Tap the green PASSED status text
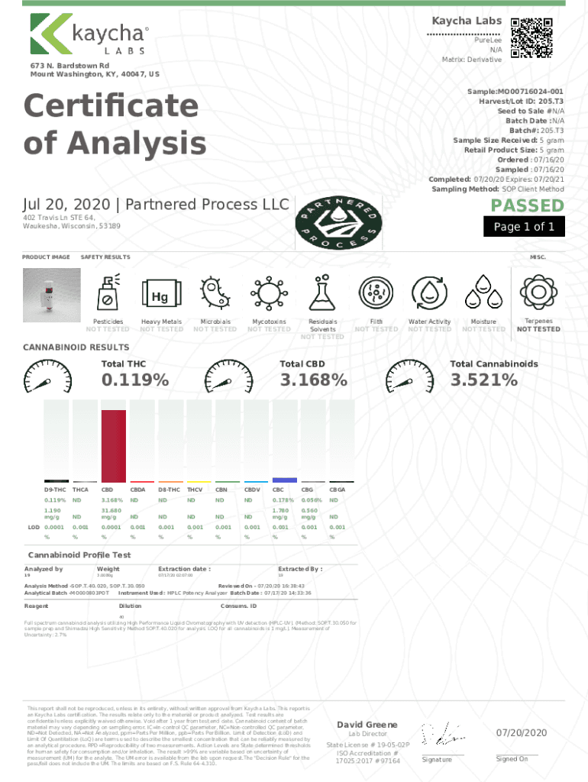pyautogui.click(x=527, y=206)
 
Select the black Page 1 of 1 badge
pyautogui.click(x=524, y=227)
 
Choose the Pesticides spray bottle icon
pyautogui.click(x=108, y=295)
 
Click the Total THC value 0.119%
pyautogui.click(x=135, y=380)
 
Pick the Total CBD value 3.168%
pyautogui.click(x=313, y=380)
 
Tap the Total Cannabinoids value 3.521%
pyautogui.click(x=483, y=380)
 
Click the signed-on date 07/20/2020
pyautogui.click(x=522, y=733)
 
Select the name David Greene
pyautogui.click(x=367, y=724)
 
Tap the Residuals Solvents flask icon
pyautogui.click(x=322, y=295)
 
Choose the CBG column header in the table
pyautogui.click(x=308, y=489)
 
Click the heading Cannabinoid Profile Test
pyautogui.click(x=79, y=554)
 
